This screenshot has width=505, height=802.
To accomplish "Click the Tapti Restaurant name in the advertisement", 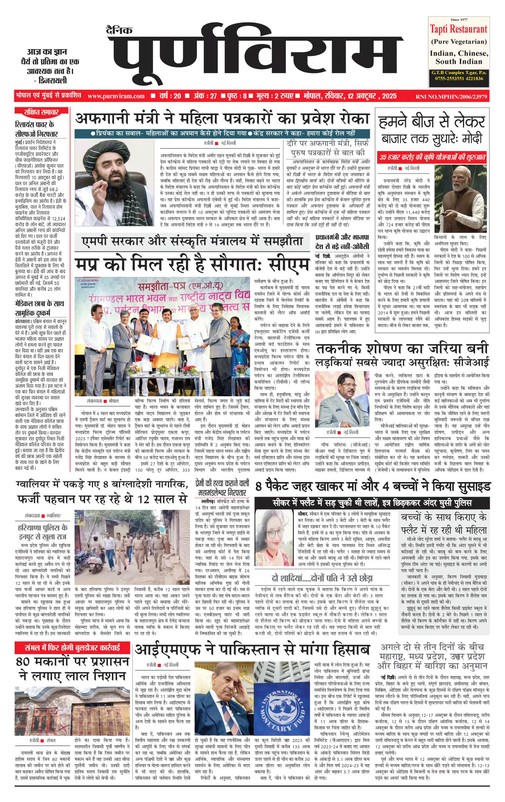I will coord(458,29).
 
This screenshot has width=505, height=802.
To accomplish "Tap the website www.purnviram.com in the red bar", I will coord(116,96).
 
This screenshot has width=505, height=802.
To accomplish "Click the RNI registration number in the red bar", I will coord(451,97).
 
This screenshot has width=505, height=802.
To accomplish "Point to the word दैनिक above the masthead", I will coord(119,30).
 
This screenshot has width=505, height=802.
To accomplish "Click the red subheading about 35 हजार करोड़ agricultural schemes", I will coord(432,157).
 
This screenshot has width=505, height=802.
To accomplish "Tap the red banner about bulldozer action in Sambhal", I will coord(72,647).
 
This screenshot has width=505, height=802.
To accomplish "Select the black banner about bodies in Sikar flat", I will coord(372,503).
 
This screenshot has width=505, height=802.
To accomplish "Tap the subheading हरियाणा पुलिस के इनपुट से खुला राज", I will coord(43,532).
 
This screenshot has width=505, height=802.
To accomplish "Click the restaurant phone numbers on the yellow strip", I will coord(459,78).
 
